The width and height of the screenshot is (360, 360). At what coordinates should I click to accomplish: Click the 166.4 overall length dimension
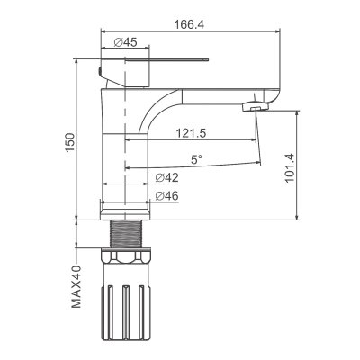point(189,24)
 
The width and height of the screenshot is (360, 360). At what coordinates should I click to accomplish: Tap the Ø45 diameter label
point(126,42)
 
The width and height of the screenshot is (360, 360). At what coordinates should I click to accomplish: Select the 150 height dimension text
point(70,142)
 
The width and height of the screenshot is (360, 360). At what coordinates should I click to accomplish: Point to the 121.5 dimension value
point(191,133)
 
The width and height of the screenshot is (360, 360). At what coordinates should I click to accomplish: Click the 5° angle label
point(197,159)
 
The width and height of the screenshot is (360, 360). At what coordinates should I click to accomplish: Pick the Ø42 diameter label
point(167,178)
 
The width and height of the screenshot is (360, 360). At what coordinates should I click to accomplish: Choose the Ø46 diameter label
point(167,196)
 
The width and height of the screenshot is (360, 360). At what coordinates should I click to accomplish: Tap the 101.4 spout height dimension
point(290,168)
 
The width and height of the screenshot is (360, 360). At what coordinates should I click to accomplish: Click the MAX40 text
point(76,286)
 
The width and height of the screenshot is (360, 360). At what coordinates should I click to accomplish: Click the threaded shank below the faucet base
point(126,234)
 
